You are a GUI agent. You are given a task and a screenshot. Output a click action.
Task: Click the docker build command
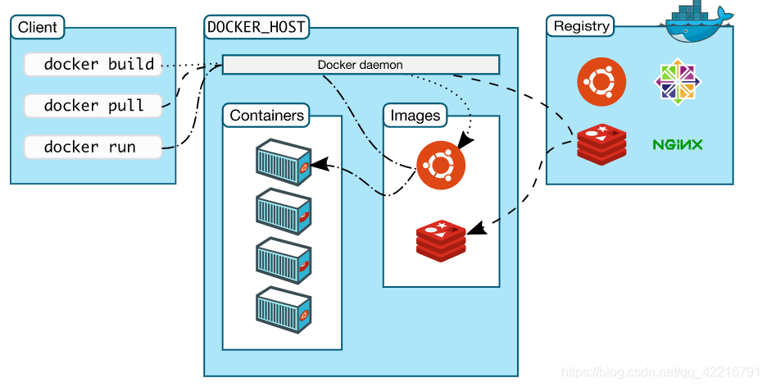click(x=98, y=64)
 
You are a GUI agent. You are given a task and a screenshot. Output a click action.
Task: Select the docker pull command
click(x=93, y=106)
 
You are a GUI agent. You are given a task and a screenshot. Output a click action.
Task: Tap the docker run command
click(x=89, y=148)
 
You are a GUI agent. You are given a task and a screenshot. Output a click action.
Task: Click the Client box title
click(x=38, y=27)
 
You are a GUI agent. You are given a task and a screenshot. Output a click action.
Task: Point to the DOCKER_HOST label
click(x=256, y=27)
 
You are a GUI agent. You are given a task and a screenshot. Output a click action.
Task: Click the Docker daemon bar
click(x=361, y=65)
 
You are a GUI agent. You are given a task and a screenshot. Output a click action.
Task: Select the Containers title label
click(x=267, y=116)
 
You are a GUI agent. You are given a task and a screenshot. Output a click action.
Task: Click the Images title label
click(x=415, y=116)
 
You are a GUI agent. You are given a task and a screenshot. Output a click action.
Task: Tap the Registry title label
click(x=581, y=26)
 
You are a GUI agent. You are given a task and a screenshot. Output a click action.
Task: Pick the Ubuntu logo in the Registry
click(x=601, y=82)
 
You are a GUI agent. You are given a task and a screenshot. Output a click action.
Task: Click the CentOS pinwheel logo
click(x=677, y=83)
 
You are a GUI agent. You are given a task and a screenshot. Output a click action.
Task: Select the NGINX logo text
click(x=677, y=145)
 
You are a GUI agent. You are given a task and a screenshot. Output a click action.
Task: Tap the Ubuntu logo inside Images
click(x=441, y=165)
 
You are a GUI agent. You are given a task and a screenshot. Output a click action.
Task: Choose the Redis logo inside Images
click(x=441, y=239)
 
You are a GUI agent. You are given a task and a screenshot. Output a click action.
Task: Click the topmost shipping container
click(x=283, y=162)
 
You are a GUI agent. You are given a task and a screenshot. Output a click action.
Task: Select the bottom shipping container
click(x=283, y=310)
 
